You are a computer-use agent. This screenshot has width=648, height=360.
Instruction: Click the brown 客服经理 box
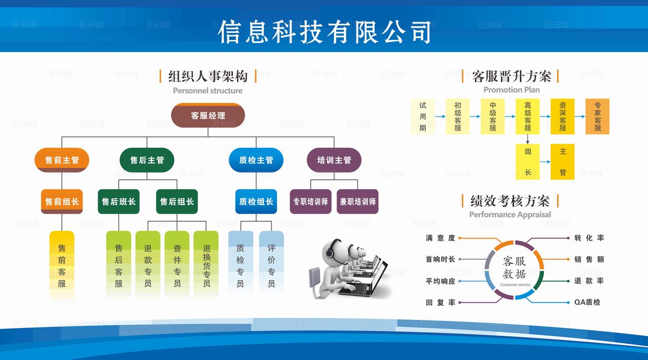coord(208,115)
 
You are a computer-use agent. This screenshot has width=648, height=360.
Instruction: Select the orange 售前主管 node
coord(62,160)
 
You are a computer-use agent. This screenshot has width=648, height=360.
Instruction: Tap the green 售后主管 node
coord(147,160)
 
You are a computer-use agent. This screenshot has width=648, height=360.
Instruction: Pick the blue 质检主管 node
coord(256,160)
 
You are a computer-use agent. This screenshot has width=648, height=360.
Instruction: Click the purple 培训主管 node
coord(334,160)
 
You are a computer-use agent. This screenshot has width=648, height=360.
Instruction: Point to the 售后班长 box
coord(118,202)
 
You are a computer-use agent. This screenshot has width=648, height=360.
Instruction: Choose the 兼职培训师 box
coord(357,202)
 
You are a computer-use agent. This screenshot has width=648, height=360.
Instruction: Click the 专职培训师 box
coord(310,202)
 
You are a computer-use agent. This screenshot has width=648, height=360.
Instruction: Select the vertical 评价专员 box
coord(271,261)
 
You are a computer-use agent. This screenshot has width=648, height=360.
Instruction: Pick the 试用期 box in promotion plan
coord(423,116)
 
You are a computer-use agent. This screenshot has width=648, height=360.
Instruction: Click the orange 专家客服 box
coord(597,116)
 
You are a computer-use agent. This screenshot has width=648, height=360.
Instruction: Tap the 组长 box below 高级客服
coord(528,162)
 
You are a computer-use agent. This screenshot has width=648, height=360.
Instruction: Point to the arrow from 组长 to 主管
coord(545,162)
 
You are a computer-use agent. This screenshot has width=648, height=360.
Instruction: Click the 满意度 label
coord(440,237)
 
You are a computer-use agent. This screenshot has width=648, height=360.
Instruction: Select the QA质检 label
coord(587,302)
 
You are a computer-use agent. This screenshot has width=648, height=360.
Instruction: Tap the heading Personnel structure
coord(208,91)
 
